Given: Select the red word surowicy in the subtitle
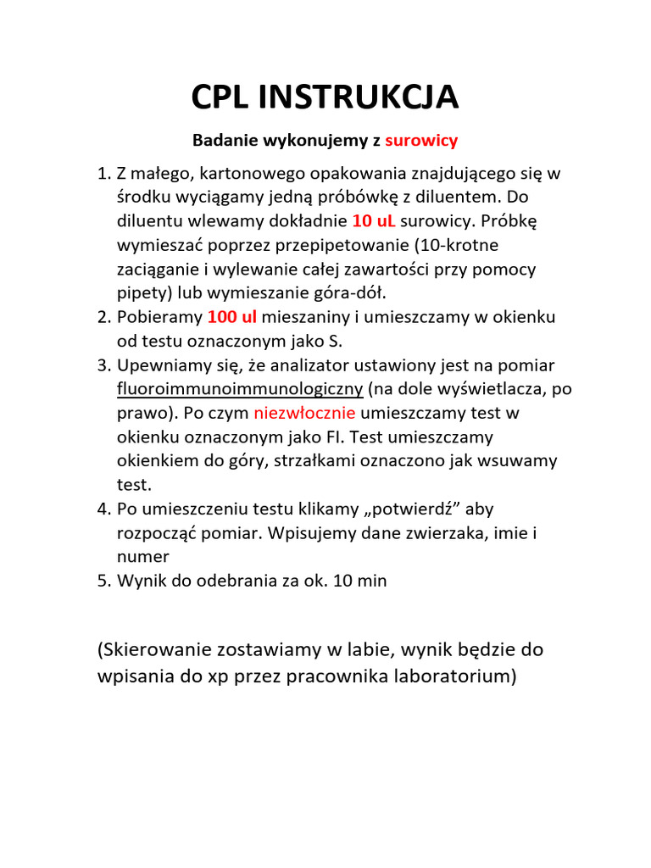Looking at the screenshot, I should coord(421,139).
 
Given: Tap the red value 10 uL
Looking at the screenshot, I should coord(373,222).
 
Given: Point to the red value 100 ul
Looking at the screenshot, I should coord(231,318).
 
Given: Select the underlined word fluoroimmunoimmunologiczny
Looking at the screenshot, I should coord(240,390).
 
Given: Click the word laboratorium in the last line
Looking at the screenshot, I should coord(447,678).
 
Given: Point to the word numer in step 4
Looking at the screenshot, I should coord(142,558).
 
